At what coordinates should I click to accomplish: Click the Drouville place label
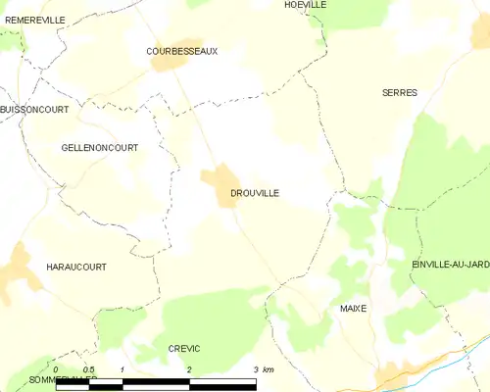(255, 193)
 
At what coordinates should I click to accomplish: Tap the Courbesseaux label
(181, 51)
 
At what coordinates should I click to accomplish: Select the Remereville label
(34, 20)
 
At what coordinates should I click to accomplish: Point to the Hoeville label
(305, 5)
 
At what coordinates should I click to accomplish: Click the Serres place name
(399, 92)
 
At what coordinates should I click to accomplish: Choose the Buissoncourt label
(34, 110)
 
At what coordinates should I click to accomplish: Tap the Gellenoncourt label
(100, 147)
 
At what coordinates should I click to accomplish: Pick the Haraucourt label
(76, 267)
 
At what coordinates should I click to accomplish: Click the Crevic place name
(184, 349)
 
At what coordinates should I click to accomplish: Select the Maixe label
(353, 308)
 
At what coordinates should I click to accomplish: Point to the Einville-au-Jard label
(451, 265)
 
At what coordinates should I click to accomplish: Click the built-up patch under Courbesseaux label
(169, 63)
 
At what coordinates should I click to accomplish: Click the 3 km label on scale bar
(262, 369)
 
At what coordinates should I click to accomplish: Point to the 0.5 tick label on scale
(88, 369)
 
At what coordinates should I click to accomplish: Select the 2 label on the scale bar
(188, 369)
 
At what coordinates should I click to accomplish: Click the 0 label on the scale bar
(56, 369)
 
